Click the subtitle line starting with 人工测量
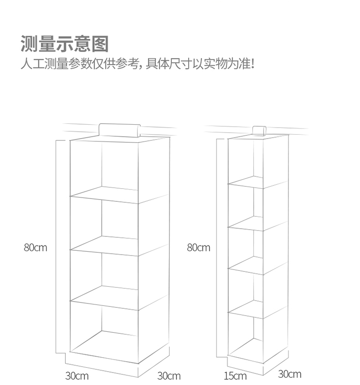[136, 64]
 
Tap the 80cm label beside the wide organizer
[36, 248]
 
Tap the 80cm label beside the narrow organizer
[198, 248]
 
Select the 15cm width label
[235, 376]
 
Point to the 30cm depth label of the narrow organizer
[289, 374]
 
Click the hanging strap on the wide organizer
[119, 130]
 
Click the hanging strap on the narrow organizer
[260, 130]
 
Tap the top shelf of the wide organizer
[120, 195]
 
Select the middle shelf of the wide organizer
[120, 245]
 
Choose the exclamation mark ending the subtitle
[252, 63]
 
